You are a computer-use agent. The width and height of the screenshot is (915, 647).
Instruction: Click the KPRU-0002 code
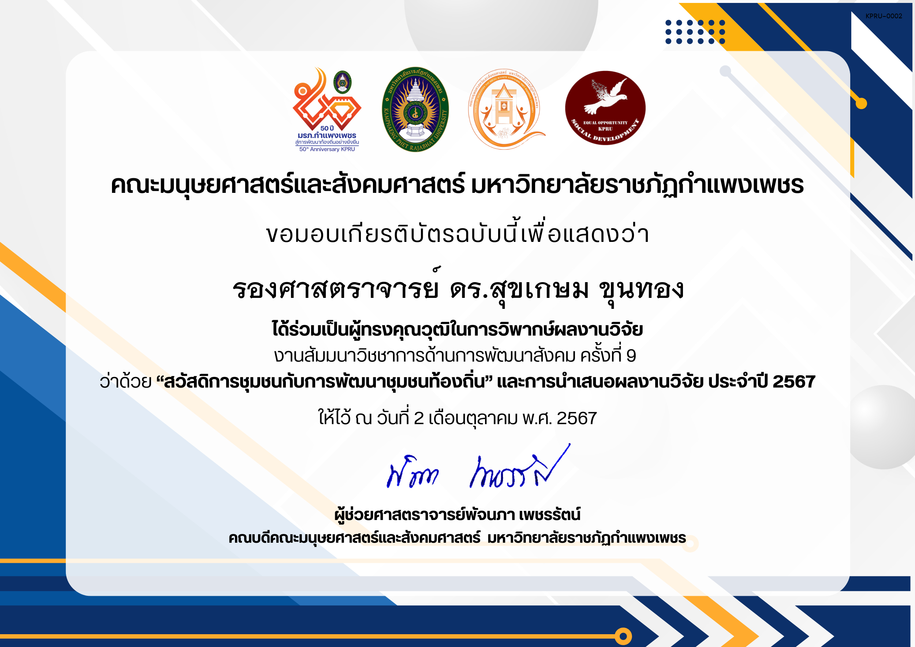884,16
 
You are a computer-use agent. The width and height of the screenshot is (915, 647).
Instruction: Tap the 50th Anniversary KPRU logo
327,109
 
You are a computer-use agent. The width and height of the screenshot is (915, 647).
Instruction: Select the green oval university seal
415,109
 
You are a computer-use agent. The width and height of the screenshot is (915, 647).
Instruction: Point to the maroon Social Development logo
605,108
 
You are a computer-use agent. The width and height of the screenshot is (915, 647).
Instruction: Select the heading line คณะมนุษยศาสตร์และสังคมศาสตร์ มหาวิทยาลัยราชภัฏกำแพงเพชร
457,186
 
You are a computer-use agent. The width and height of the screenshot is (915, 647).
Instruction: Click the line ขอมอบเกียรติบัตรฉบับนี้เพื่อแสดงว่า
457,234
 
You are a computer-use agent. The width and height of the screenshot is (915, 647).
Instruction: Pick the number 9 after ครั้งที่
631,356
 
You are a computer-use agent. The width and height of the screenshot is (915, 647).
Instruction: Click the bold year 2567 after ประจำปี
794,382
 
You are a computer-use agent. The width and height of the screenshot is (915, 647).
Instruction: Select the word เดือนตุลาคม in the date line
473,419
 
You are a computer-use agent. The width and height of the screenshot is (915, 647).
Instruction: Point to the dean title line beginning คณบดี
457,538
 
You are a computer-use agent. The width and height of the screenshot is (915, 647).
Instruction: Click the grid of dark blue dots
695,32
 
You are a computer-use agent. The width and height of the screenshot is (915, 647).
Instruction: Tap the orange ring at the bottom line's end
623,636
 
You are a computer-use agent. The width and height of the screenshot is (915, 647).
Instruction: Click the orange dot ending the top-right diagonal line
861,104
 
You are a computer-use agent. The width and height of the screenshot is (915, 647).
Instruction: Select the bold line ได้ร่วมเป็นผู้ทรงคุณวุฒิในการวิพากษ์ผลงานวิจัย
457,330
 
